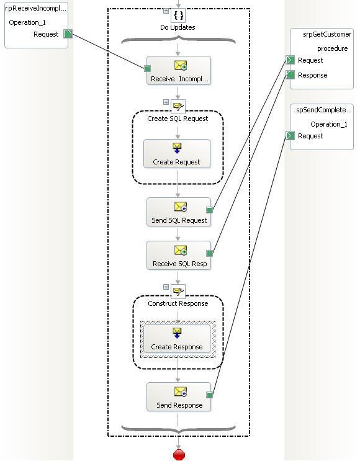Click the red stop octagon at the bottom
pos(179,455)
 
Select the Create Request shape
pos(177,154)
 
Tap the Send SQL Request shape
pos(179,212)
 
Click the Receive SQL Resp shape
pos(179,256)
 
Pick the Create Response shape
pos(177,339)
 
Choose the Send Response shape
pos(179,397)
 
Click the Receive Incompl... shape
pos(179,71)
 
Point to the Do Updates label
pos(178,27)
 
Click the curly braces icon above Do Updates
pos(178,15)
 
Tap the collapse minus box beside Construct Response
pos(166,287)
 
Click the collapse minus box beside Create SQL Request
pos(166,102)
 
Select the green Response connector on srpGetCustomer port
pos(290,75)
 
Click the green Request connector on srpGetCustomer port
pos(290,60)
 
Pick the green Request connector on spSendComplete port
pos(290,135)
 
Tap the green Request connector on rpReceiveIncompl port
pos(68,34)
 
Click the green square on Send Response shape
pos(209,395)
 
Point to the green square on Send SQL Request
pos(209,210)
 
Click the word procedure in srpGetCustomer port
pos(332,48)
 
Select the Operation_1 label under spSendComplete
pos(329,124)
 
